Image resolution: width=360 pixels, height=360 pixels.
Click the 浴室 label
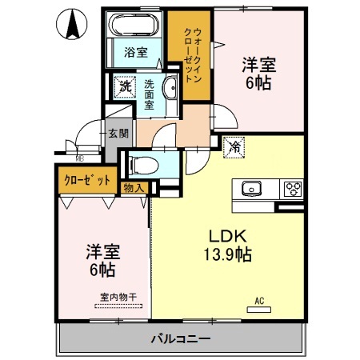tap(135, 54)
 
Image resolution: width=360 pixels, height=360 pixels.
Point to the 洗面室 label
tap(150, 93)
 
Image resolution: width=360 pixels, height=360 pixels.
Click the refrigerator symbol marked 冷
tap(234, 146)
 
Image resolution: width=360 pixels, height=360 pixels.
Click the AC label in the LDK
tap(258, 302)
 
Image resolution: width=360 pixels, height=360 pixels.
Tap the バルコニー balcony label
tap(181, 339)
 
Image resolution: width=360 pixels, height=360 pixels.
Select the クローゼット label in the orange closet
tap(86, 180)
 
